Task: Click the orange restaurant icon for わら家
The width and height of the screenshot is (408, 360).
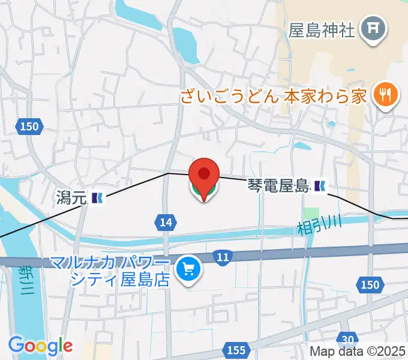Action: tap(383, 95)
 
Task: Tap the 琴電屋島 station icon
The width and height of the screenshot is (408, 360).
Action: tap(320, 187)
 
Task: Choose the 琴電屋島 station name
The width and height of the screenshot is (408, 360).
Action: tap(278, 187)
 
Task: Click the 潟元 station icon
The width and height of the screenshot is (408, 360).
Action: tap(98, 197)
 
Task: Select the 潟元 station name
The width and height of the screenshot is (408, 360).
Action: tap(71, 197)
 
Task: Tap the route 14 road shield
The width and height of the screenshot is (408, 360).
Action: tap(166, 223)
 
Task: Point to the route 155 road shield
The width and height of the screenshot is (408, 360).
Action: tap(236, 349)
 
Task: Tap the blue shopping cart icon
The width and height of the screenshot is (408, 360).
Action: tap(190, 270)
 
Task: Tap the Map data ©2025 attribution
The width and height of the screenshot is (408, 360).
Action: tap(358, 352)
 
